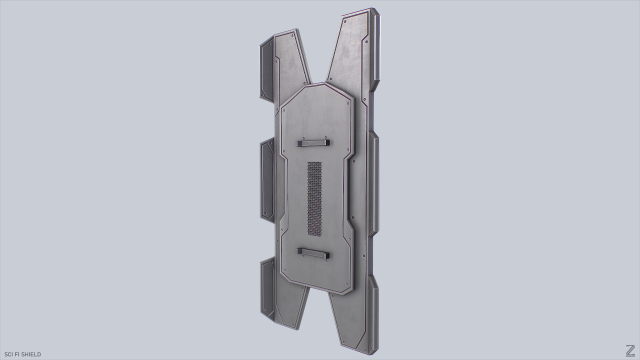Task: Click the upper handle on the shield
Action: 315,141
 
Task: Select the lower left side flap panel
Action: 268,285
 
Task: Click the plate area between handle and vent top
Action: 315,153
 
